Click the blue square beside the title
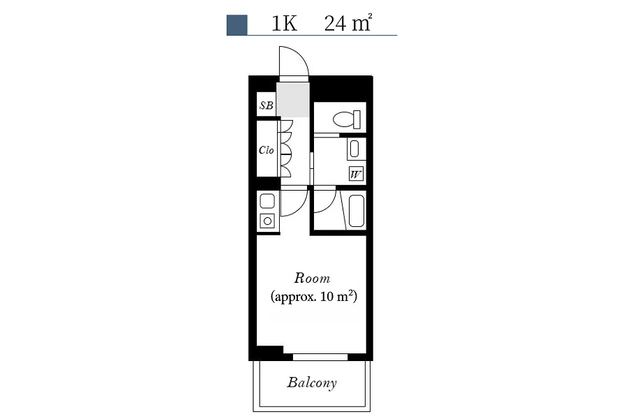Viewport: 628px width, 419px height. [237, 25]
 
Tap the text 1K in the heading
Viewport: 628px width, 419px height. [285, 24]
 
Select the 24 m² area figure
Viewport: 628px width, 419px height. [348, 23]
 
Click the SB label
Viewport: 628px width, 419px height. [267, 105]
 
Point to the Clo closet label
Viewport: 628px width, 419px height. [267, 150]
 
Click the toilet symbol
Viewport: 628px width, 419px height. [347, 119]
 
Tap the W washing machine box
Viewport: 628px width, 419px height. [356, 175]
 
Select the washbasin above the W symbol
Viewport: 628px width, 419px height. [354, 149]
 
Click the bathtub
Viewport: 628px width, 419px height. [357, 211]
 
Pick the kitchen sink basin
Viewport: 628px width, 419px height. [267, 201]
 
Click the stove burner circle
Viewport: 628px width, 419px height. [267, 221]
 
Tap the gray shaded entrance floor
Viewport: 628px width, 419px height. [293, 99]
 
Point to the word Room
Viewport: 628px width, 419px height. [312, 278]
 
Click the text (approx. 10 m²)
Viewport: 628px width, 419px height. [313, 297]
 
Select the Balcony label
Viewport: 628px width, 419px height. [312, 383]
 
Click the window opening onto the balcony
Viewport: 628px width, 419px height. [320, 357]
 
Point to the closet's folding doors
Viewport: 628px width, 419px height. [286, 149]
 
